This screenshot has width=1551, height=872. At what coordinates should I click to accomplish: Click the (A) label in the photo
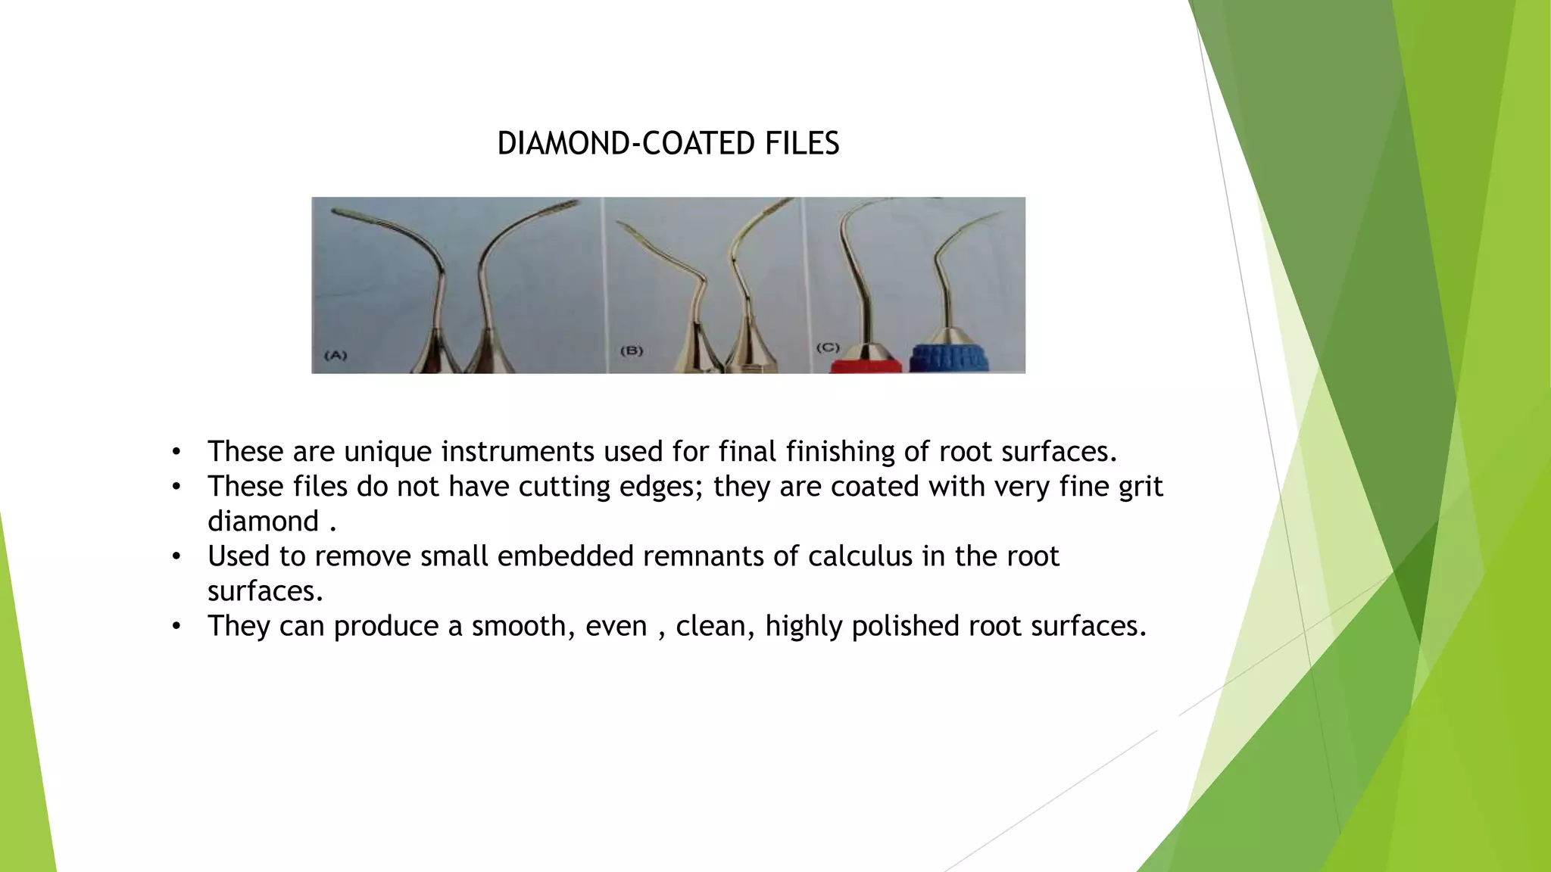335,355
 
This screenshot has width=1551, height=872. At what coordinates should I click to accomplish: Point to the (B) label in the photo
631,350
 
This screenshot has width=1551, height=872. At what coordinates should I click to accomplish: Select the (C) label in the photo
828,347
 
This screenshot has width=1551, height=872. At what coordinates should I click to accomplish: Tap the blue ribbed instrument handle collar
950,358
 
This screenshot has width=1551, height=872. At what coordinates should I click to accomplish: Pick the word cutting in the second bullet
563,487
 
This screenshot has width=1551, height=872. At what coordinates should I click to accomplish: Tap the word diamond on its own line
263,522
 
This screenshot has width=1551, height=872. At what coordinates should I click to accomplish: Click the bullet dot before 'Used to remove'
176,557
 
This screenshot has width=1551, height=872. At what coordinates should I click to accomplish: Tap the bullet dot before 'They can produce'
176,627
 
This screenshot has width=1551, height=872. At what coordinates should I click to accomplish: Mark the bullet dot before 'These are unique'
176,453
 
